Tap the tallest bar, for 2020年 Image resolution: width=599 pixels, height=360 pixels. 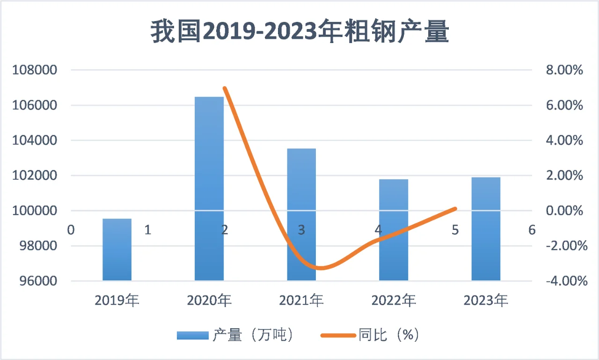pos(209,187)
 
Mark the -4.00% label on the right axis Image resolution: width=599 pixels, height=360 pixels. pos(564,281)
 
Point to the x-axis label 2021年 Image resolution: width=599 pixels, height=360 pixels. pos(301,300)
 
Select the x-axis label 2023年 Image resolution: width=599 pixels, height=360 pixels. pos(486,300)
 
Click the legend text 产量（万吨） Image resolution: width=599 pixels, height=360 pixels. pos(253,335)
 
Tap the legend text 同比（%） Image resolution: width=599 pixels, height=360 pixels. pos(388,335)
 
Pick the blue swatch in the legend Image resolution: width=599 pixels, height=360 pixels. pos(192,335)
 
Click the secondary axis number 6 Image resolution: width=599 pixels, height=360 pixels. pos(532,230)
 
